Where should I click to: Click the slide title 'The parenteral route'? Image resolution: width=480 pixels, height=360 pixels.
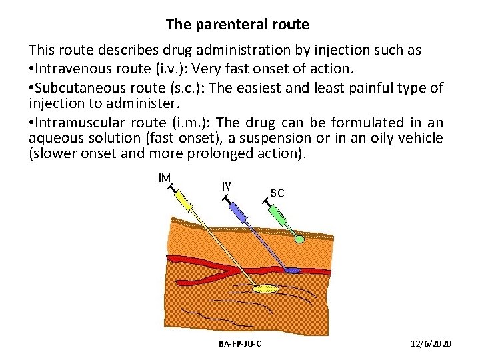237,25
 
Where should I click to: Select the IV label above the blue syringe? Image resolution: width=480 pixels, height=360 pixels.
226,187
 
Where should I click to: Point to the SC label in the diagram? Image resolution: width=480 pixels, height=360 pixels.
277,193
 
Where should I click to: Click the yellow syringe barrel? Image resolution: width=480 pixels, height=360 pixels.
186,203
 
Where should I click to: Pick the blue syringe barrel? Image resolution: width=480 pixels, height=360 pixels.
238,212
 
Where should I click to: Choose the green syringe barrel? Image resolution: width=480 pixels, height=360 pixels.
281,215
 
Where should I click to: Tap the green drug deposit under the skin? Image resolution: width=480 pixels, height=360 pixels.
300,238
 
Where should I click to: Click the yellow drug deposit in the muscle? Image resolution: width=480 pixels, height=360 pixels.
265,289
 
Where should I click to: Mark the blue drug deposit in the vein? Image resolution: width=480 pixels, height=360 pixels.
292,270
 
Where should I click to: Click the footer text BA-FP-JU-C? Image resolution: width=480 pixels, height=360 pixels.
239,343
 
